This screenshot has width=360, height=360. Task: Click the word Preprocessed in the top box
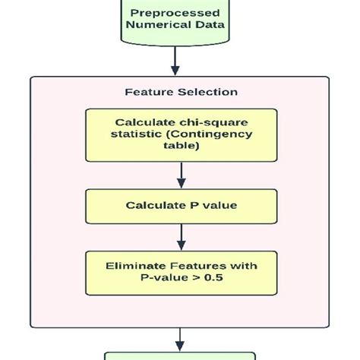point(175,13)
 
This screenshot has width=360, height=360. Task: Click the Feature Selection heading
point(181,92)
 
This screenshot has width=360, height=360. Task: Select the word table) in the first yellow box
point(181,147)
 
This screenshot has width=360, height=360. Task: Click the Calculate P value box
point(181,205)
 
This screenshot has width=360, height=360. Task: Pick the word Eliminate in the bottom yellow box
point(141,265)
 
